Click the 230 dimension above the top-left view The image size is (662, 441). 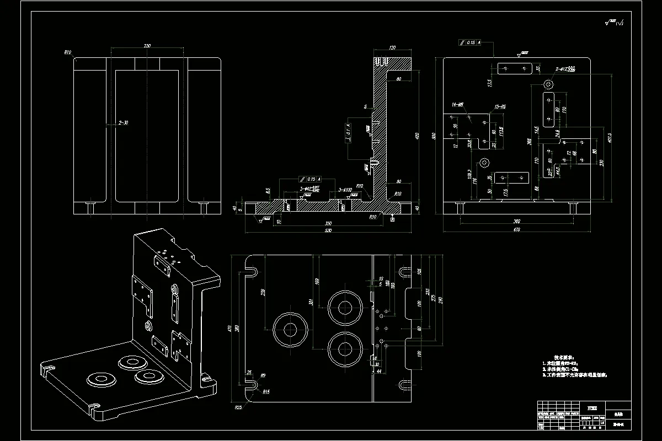(x=147, y=46)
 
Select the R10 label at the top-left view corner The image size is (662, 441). (x=68, y=53)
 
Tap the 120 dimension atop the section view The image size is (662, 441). (x=393, y=48)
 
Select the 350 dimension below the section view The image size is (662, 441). (x=329, y=223)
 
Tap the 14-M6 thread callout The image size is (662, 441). (x=457, y=104)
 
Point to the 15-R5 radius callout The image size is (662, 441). (x=500, y=106)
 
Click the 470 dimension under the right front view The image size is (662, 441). (x=516, y=229)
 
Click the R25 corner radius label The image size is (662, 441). (x=238, y=407)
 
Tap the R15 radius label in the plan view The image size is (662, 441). (x=266, y=391)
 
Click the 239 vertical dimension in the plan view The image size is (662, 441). (x=263, y=292)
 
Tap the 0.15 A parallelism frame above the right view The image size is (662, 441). (x=470, y=42)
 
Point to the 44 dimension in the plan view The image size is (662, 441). (x=378, y=372)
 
